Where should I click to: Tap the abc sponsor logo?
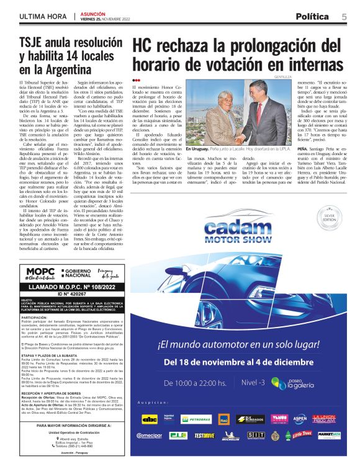pyautogui.click(x=149, y=419)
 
